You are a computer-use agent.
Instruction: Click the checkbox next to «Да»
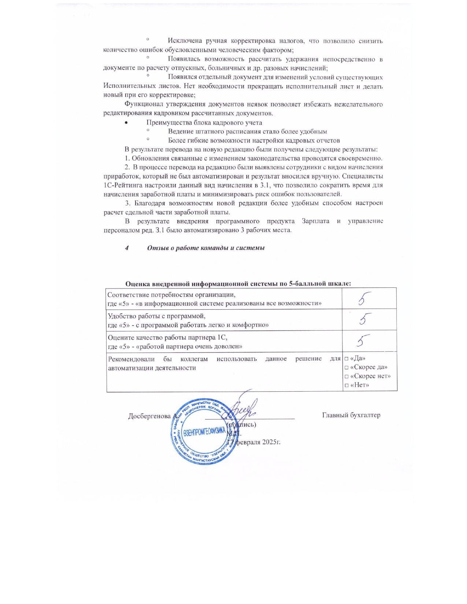[x=346, y=359]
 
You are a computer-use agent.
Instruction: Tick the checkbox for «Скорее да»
[x=346, y=368]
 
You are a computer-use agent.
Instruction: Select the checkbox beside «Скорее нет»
[x=346, y=376]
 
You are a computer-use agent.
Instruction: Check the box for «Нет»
[x=346, y=385]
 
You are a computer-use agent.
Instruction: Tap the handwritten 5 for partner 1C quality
[x=364, y=341]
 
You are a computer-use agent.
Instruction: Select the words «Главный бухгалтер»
[x=351, y=415]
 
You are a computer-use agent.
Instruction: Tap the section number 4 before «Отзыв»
[x=127, y=248]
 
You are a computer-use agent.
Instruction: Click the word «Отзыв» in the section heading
[x=157, y=248]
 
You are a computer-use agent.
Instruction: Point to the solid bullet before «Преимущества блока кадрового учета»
[x=126, y=123]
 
